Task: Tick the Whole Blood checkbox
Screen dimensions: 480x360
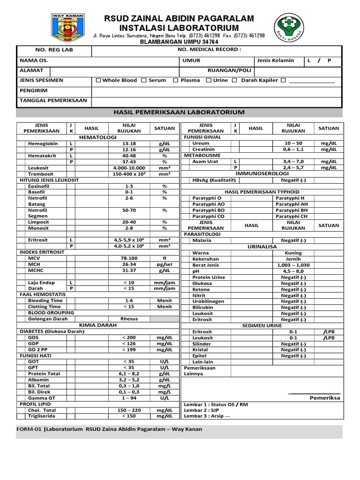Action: tap(98, 80)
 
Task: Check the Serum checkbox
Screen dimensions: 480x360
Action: tap(144, 80)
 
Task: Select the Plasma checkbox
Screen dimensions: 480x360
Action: tap(175, 80)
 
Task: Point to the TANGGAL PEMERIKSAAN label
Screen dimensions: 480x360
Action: tap(53, 100)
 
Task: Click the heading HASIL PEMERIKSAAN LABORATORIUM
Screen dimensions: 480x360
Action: tap(180, 112)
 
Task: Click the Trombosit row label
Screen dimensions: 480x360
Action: tap(41, 173)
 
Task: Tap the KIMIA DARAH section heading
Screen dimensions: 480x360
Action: tap(98, 324)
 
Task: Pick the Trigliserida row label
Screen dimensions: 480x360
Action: tap(43, 416)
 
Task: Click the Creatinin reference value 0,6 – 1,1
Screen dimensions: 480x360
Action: tap(293, 149)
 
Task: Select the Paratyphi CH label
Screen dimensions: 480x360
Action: tap(292, 216)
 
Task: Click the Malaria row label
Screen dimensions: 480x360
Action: tap(202, 240)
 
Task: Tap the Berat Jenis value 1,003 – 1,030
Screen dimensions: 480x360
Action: tap(293, 265)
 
